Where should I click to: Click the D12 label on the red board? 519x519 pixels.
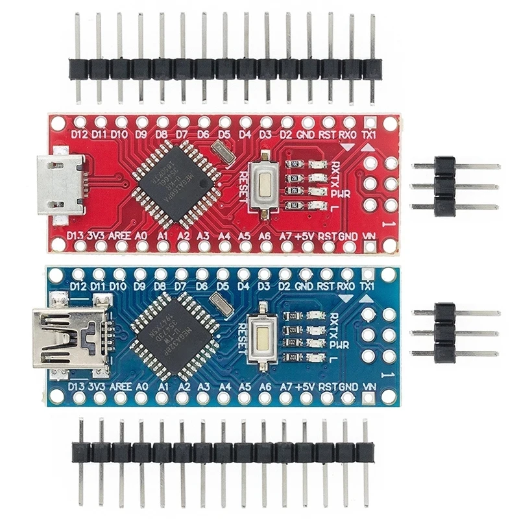80,134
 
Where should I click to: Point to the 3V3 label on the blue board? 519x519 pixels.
97,387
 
